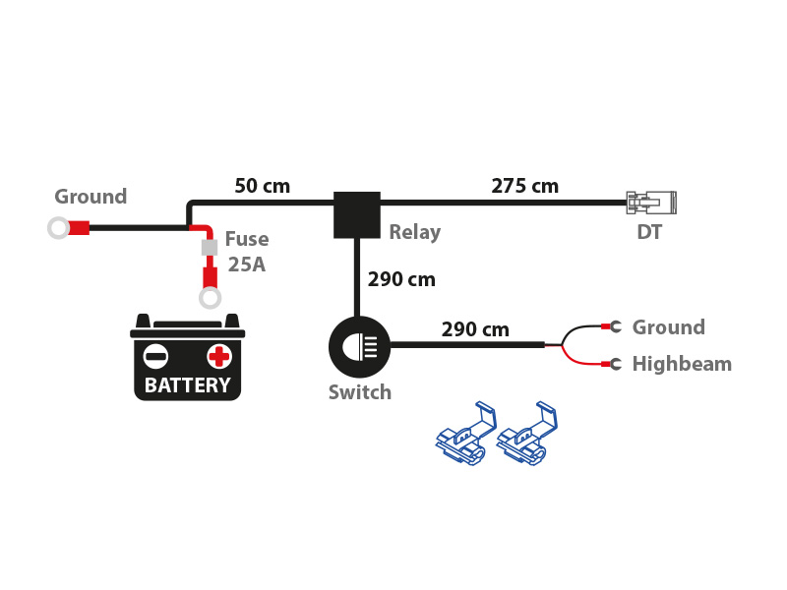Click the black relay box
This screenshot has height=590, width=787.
(x=356, y=214)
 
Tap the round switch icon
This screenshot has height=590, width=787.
(x=359, y=346)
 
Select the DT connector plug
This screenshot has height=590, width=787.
(x=651, y=203)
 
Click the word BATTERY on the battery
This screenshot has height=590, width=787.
(x=187, y=385)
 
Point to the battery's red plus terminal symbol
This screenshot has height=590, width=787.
(x=218, y=356)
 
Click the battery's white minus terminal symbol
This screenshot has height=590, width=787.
(x=155, y=356)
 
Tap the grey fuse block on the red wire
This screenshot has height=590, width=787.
(x=209, y=247)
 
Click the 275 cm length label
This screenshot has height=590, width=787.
(x=524, y=186)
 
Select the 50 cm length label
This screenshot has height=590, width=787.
(x=262, y=186)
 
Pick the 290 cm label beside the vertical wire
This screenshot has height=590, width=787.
(x=401, y=279)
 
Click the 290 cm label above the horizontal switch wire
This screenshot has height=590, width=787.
(x=475, y=329)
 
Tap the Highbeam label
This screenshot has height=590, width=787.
(x=682, y=364)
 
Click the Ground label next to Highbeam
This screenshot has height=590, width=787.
(x=668, y=327)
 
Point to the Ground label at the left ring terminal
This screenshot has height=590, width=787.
(x=91, y=197)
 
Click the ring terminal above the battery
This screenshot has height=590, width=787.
(x=210, y=298)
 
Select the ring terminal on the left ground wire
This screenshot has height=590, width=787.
(x=59, y=228)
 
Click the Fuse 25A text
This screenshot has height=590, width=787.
(x=246, y=252)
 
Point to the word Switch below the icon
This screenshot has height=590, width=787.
(x=359, y=393)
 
